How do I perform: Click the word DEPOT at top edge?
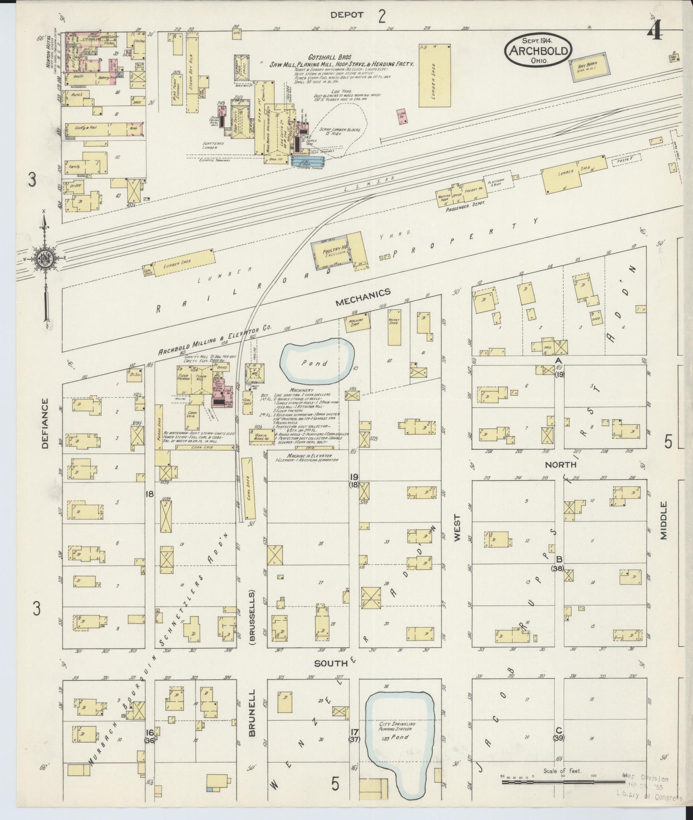click(x=348, y=14)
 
